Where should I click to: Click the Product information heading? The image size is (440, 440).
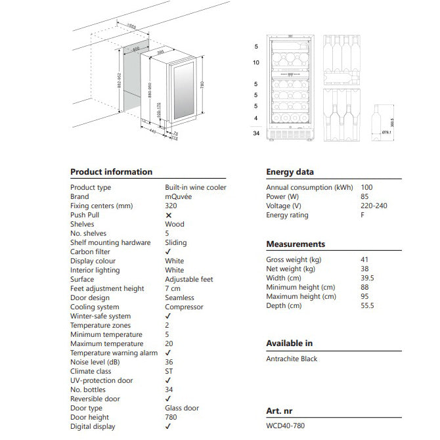tap(111, 172)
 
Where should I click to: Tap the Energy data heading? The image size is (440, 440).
tap(290, 172)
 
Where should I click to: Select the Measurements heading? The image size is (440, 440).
tap(296, 244)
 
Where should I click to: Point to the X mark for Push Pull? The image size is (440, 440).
tap(169, 215)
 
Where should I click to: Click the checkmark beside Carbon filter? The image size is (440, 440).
tap(169, 252)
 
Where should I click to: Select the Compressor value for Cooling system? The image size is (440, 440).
tap(184, 307)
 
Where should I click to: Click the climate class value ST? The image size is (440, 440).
tap(169, 371)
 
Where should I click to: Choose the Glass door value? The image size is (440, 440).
tap(183, 408)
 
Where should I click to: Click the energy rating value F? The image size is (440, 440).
tap(363, 215)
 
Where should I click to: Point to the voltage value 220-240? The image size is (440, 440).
tap(374, 206)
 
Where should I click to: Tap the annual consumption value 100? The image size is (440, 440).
tap(366, 187)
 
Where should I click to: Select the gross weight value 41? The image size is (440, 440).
tap(365, 259)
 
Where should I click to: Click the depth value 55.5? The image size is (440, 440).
tap(368, 305)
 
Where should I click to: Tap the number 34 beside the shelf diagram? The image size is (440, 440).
tap(256, 134)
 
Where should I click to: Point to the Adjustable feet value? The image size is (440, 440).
tap(188, 279)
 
